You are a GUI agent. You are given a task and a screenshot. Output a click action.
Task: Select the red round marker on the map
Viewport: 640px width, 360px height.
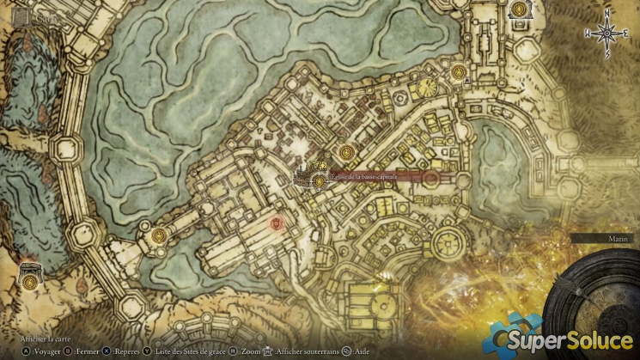point(276,224)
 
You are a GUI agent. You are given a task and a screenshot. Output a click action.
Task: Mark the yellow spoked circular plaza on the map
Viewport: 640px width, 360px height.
point(427,86)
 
